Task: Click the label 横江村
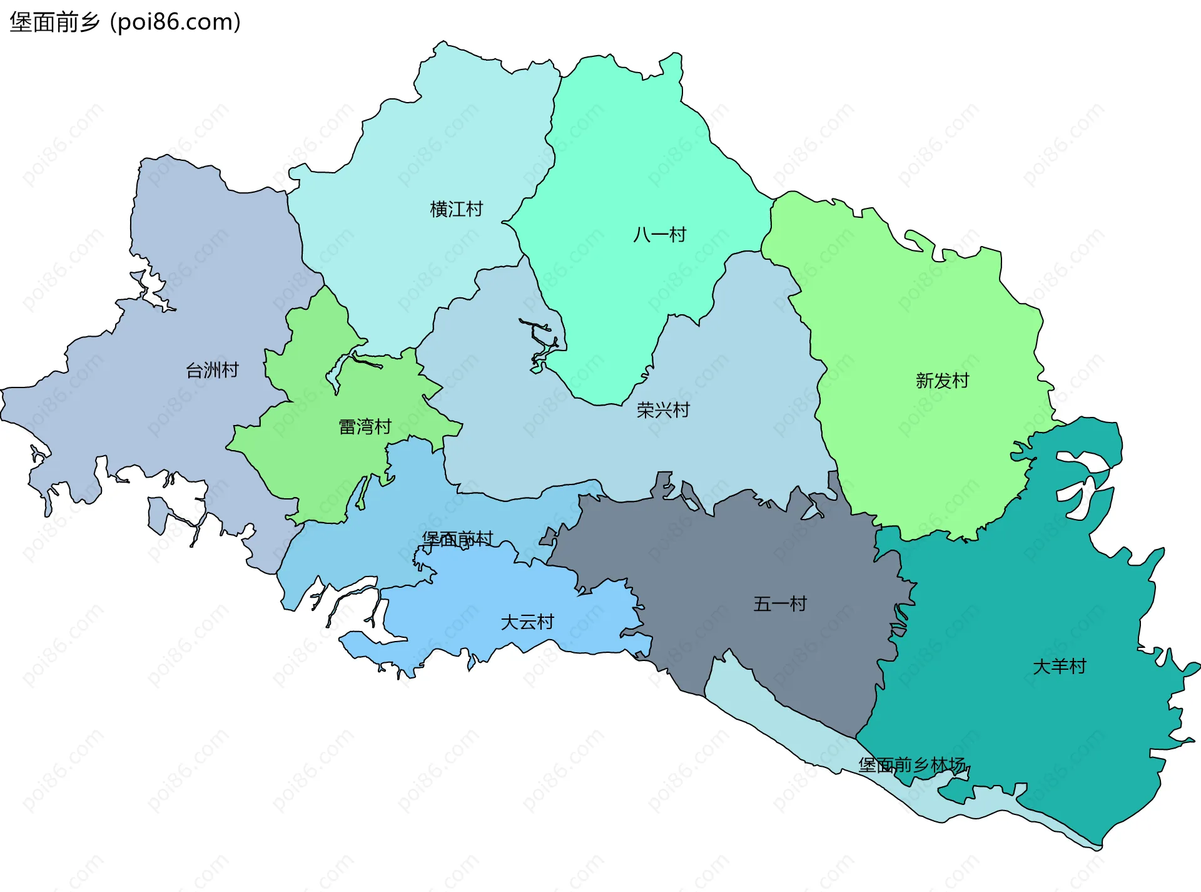[x=456, y=209]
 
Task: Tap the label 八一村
[x=659, y=235]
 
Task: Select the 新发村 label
[x=942, y=381]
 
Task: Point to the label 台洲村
[x=212, y=370]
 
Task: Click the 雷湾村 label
[x=365, y=427]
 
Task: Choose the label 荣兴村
[x=663, y=410]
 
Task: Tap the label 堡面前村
[x=457, y=539]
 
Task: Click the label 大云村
[x=527, y=622]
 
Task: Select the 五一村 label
[x=780, y=604]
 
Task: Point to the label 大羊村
[x=1059, y=667]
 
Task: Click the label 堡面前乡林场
[x=912, y=765]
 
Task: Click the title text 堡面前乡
[x=54, y=22]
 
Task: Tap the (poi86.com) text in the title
[x=175, y=22]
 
